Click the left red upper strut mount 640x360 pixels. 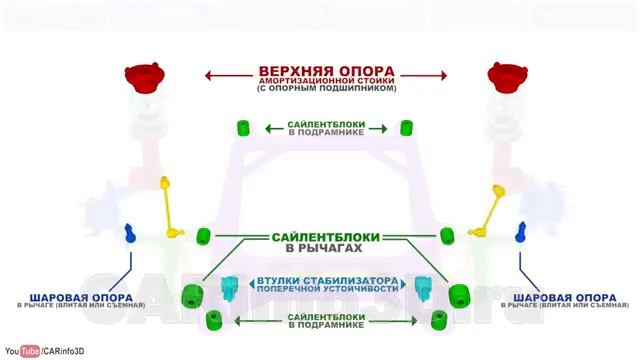point(143,77)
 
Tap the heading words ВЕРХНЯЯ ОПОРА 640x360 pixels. point(326,72)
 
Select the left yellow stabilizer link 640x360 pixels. point(170,210)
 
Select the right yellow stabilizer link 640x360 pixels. point(492,210)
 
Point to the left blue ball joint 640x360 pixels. point(129,234)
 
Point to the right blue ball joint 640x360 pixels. point(521,234)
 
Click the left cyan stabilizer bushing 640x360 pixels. point(231,287)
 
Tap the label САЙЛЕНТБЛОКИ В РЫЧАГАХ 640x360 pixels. point(325,242)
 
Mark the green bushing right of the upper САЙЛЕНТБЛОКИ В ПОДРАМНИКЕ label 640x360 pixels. point(407,127)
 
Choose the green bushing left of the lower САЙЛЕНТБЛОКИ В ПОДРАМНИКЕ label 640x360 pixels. point(212,320)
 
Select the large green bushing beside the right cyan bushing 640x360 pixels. point(459,295)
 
